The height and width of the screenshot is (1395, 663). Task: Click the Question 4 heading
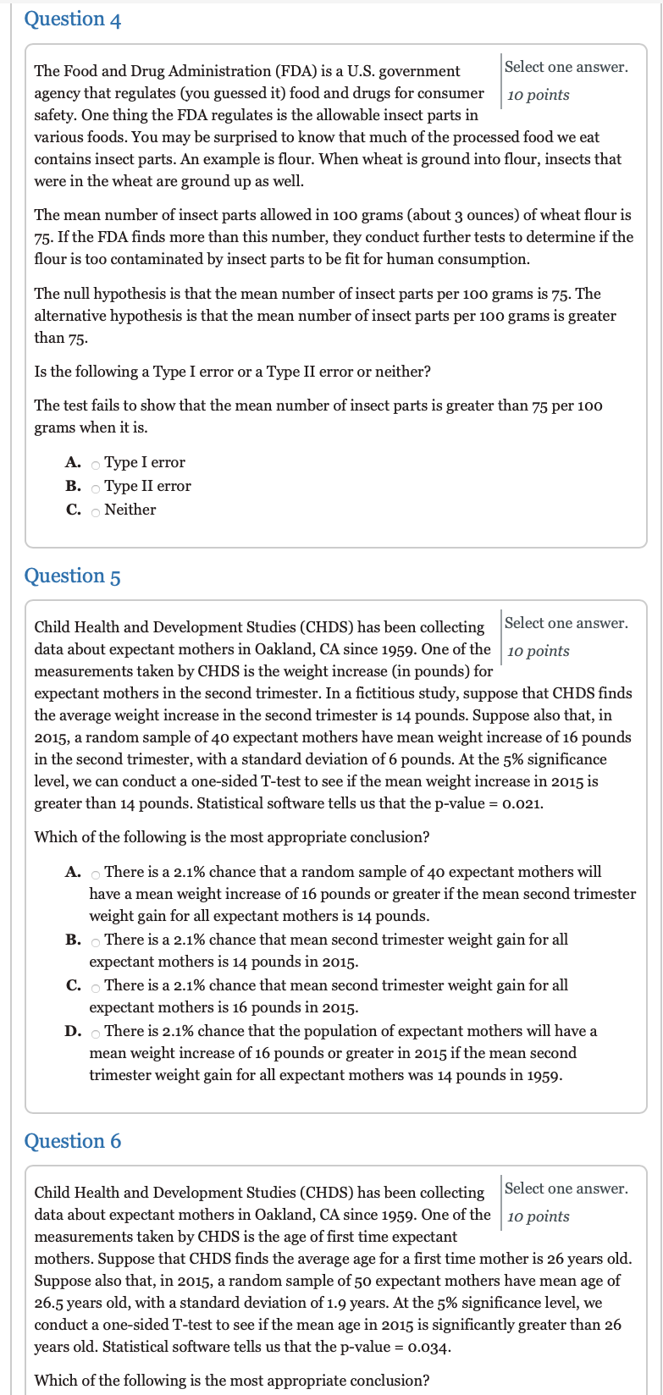point(73,19)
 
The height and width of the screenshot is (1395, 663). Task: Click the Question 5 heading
point(73,576)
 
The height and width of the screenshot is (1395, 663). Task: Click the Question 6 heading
point(73,1141)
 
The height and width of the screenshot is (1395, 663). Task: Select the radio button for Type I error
point(96,464)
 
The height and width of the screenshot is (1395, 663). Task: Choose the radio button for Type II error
point(96,488)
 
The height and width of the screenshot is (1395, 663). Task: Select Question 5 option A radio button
point(96,874)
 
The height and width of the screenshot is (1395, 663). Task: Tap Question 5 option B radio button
point(96,941)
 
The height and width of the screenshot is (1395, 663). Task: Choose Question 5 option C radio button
point(96,987)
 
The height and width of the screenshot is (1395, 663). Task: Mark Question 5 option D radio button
point(96,1033)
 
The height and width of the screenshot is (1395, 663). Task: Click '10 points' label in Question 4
point(539,95)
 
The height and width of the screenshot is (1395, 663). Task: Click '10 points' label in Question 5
point(539,651)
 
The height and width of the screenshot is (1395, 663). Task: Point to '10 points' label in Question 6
point(539,1216)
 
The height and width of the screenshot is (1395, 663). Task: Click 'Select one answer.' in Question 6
point(566,1188)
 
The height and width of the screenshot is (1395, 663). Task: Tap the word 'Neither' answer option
point(130,510)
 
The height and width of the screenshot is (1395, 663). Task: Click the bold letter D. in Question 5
point(73,1031)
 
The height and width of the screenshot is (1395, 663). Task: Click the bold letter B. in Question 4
point(73,486)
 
